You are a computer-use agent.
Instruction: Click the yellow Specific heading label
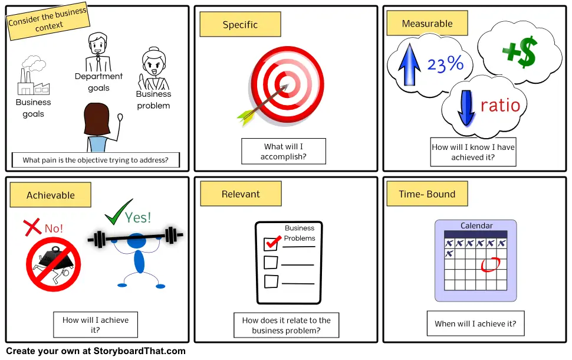[x=240, y=25]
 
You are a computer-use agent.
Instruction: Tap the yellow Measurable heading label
[x=427, y=24]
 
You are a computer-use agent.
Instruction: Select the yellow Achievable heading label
[x=51, y=195]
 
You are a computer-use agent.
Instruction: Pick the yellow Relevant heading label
[x=241, y=194]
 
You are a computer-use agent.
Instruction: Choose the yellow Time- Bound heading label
[x=427, y=194]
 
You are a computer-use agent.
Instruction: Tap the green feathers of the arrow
[x=245, y=117]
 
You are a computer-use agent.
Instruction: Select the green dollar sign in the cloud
[x=520, y=53]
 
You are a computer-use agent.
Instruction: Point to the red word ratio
[x=501, y=106]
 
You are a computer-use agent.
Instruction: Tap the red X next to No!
[x=32, y=227]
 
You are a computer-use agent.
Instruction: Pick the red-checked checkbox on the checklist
[x=271, y=243]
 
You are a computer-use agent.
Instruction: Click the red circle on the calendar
[x=490, y=264]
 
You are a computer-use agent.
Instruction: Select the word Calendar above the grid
[x=476, y=225]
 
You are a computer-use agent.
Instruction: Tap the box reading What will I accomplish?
[x=284, y=151]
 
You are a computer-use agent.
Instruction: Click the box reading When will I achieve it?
[x=475, y=323]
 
